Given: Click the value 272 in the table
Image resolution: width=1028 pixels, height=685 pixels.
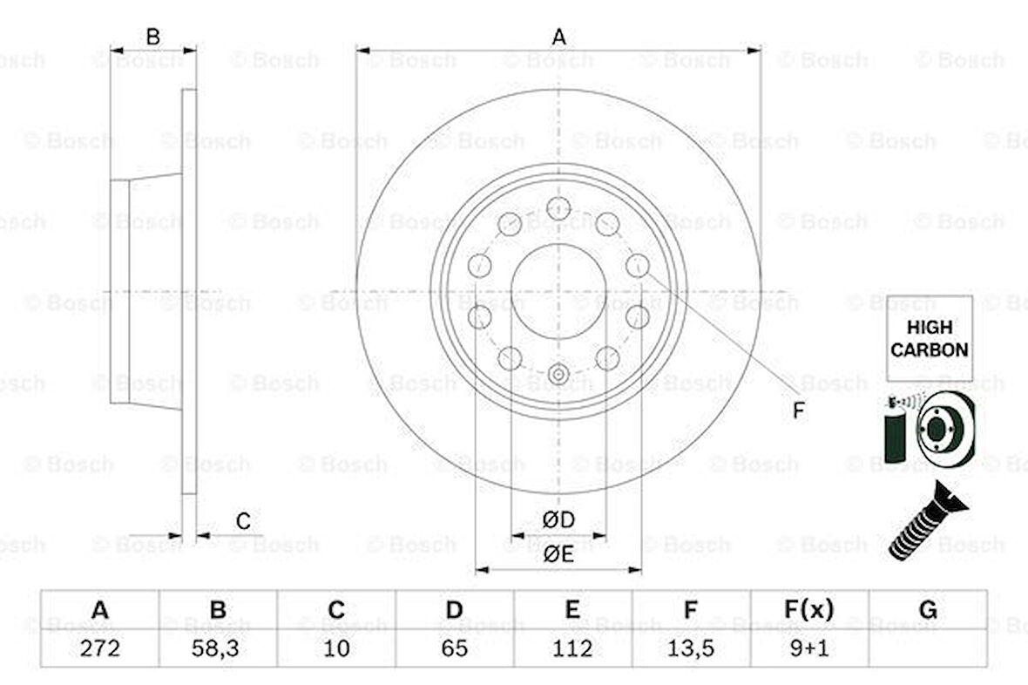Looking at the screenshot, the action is [99, 648].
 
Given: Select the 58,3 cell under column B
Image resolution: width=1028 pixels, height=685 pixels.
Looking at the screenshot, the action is [215, 648].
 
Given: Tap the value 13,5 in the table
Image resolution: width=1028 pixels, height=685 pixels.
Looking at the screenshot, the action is [690, 648].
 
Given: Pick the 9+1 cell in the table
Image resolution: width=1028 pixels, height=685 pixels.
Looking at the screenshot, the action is [809, 648].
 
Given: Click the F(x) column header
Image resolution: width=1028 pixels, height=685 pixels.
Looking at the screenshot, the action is [809, 609].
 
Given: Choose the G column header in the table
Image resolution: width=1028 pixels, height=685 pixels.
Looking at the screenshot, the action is [928, 609].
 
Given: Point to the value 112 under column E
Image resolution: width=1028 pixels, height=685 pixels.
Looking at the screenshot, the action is [572, 648].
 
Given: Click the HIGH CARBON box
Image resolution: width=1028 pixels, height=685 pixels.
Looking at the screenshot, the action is [929, 338].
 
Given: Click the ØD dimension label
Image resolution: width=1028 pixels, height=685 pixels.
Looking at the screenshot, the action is [558, 519].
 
